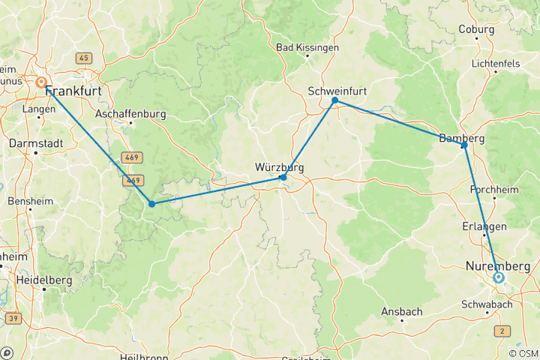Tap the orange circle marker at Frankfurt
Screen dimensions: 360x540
click(x=41, y=83)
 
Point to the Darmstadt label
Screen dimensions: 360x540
click(x=35, y=142)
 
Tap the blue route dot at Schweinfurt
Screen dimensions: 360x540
click(x=335, y=100)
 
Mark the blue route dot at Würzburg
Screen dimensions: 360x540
click(x=283, y=178)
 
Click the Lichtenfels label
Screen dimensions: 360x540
click(x=496, y=64)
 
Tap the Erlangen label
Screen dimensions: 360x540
click(x=484, y=226)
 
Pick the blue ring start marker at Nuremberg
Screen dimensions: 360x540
click(x=499, y=277)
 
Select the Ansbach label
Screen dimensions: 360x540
click(x=402, y=311)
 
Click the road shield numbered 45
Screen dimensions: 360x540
click(x=83, y=58)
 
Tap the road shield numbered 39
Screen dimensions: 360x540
click(x=12, y=319)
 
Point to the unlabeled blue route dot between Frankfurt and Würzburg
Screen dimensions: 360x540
click(x=151, y=204)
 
